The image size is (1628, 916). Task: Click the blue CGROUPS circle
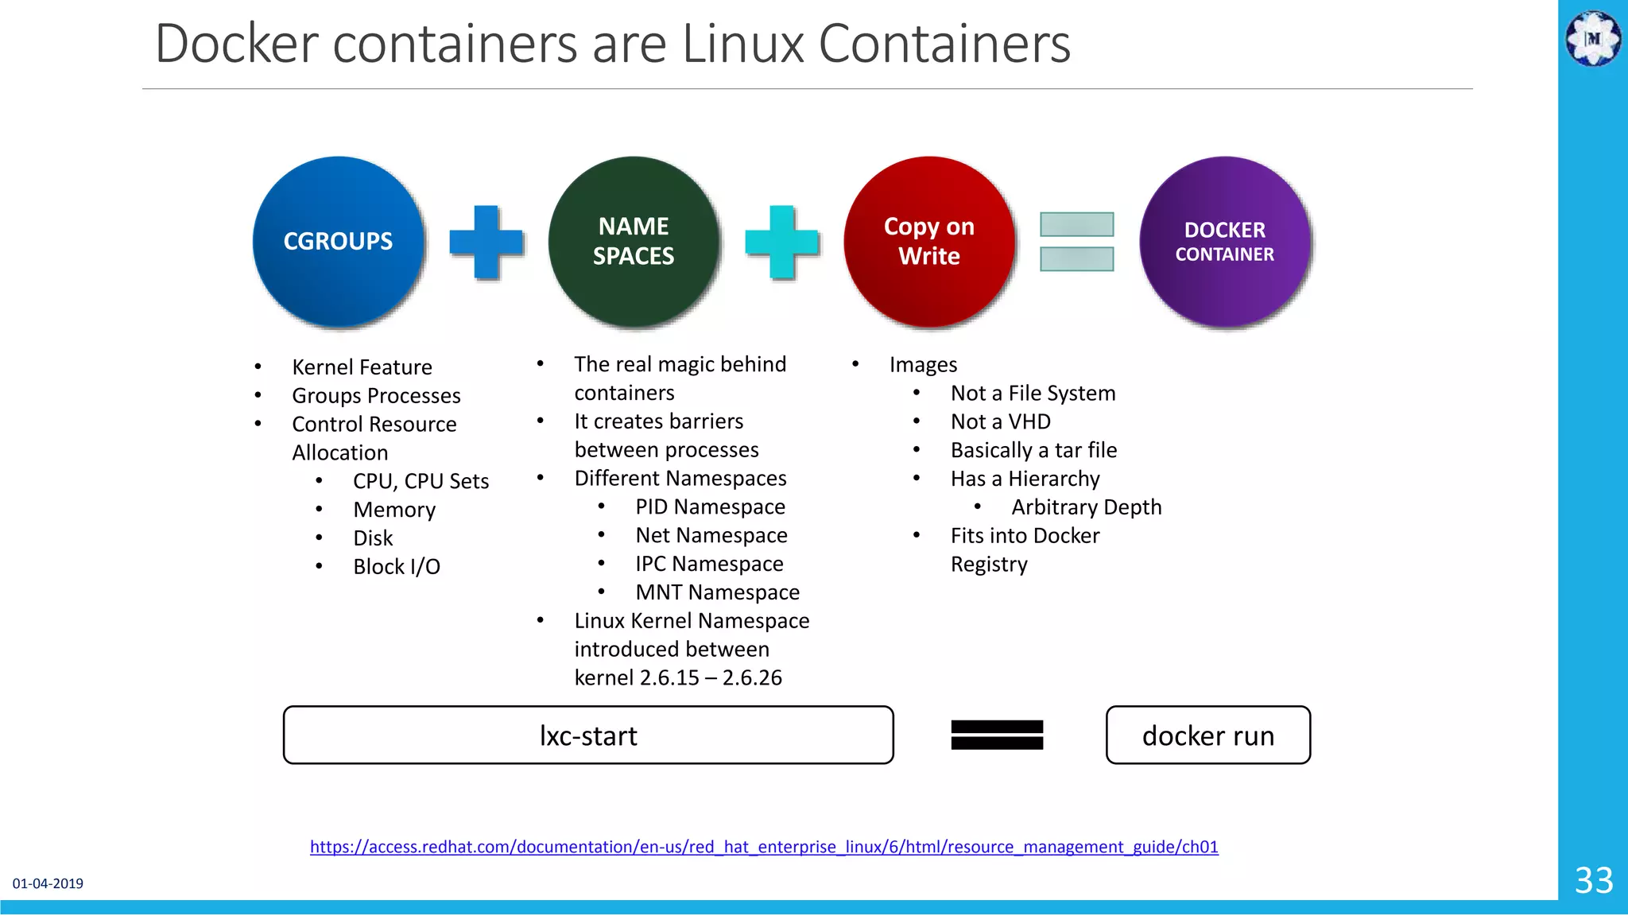coord(339,242)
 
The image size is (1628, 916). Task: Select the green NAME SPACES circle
coord(634,242)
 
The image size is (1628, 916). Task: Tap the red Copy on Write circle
coord(929,242)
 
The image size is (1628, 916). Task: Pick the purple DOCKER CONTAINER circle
coord(1225,242)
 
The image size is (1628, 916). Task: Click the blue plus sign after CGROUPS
coord(486,242)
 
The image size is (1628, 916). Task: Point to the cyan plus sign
coord(782,242)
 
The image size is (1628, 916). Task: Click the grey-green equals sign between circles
coord(1077,242)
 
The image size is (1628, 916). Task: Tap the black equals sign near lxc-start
coord(997,735)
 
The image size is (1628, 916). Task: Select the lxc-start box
coord(588,736)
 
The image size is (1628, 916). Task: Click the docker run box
coord(1208,736)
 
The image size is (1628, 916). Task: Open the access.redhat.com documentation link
coord(764,847)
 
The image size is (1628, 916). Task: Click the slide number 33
coord(1594,880)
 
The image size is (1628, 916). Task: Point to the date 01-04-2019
coord(48,883)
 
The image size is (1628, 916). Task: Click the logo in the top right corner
coord(1593,38)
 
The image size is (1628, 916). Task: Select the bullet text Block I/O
coord(397,567)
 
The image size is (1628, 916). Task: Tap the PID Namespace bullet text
coord(710,507)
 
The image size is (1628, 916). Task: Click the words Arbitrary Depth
coord(1087,507)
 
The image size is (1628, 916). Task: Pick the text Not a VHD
coord(1001,421)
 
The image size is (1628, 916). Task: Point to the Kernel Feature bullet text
coord(362,367)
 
